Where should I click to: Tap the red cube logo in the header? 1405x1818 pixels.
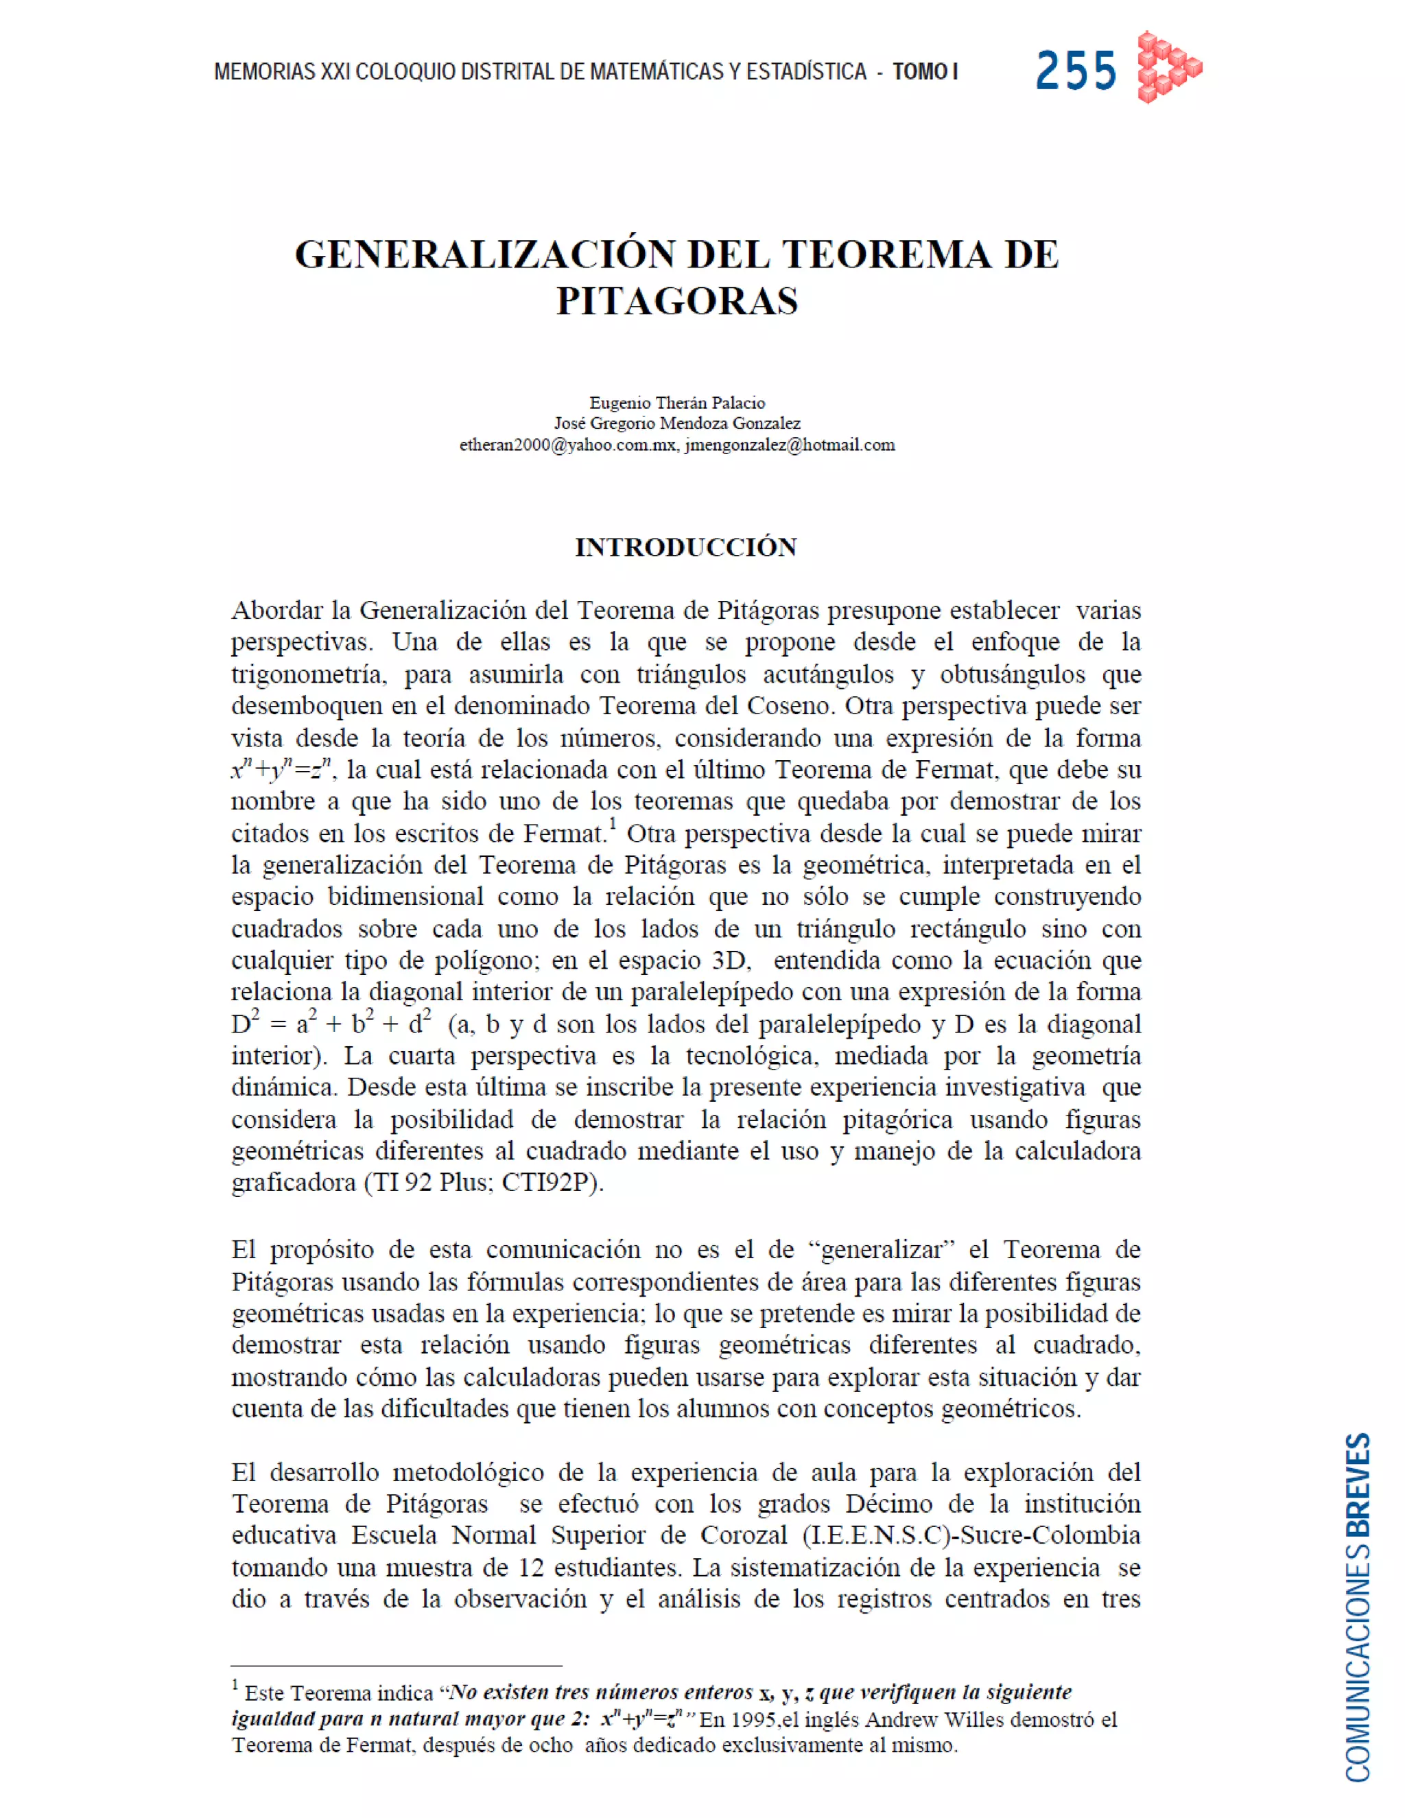tap(1168, 67)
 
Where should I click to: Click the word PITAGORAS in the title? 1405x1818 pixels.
tap(676, 301)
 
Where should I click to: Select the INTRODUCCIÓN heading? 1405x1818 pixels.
tap(686, 547)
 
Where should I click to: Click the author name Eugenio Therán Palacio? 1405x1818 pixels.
tap(676, 403)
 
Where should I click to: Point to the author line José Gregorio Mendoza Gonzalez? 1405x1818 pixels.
tap(676, 424)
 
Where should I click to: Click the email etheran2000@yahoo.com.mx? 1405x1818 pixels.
tap(567, 445)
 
